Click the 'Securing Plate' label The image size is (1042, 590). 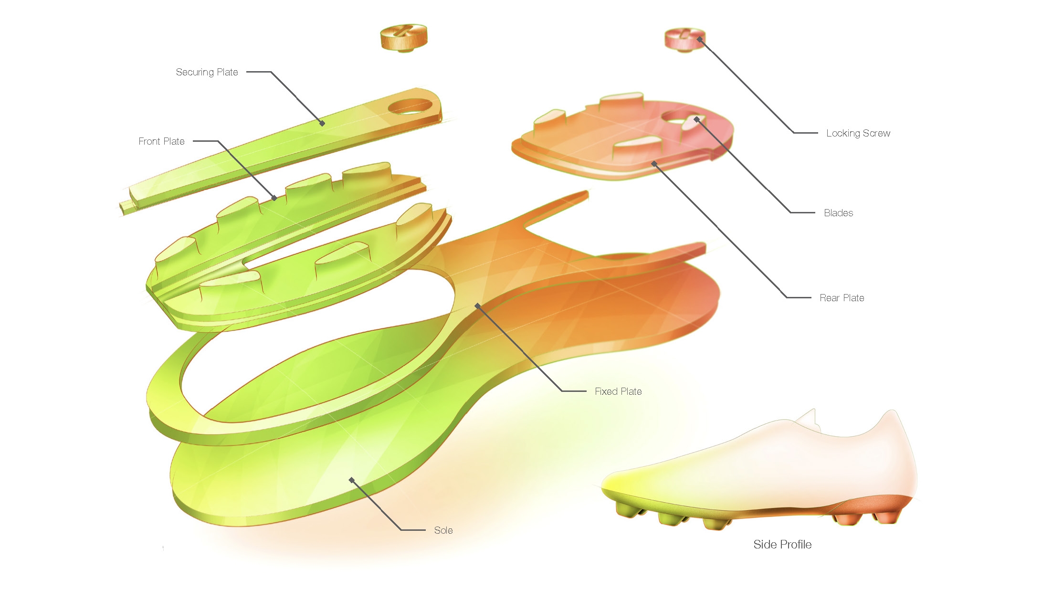[207, 72]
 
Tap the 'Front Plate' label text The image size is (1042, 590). [161, 141]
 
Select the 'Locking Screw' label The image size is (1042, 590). [858, 133]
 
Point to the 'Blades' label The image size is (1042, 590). [838, 213]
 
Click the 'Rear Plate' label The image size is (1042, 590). [842, 298]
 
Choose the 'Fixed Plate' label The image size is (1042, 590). [618, 391]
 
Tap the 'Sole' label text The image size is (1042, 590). [443, 530]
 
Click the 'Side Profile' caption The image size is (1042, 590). [782, 545]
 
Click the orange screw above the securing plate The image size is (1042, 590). [404, 37]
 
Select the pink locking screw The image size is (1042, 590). [685, 40]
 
